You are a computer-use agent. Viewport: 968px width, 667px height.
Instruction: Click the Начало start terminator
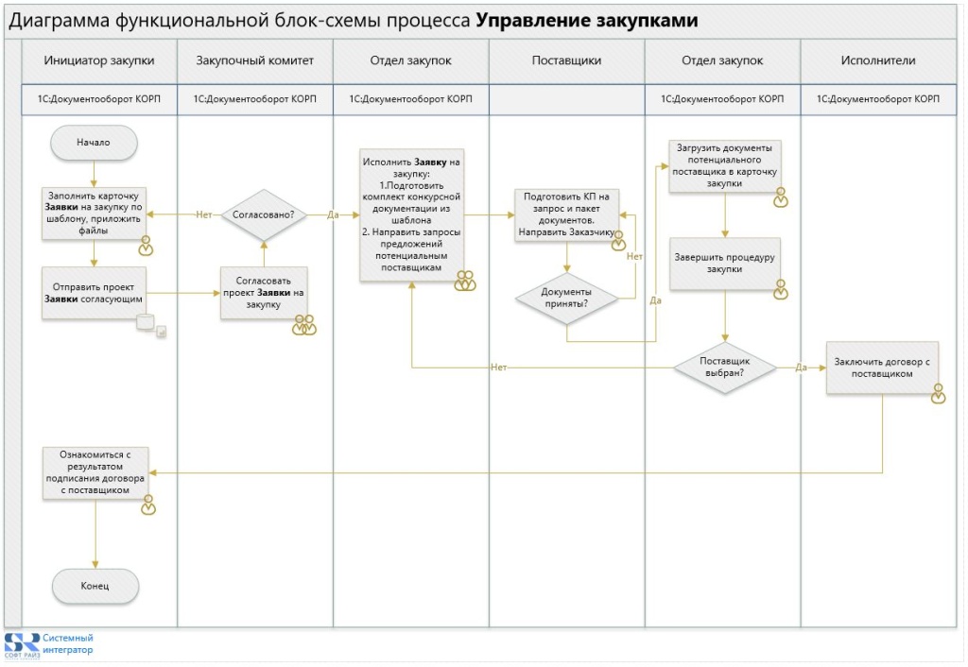click(94, 143)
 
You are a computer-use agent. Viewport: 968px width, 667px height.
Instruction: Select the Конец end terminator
click(95, 586)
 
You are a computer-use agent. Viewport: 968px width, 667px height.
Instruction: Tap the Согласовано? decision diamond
click(264, 214)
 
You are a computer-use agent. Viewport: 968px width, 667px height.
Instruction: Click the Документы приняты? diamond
click(567, 298)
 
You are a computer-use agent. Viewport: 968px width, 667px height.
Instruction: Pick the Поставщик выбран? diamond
click(725, 368)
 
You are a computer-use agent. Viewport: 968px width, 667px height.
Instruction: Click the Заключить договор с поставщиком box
click(882, 368)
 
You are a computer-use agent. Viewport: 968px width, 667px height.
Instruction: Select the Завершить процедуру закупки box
click(725, 264)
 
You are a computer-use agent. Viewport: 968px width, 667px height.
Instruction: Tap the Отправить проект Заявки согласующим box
click(94, 293)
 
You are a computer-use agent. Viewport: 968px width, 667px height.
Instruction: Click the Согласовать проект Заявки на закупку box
click(264, 293)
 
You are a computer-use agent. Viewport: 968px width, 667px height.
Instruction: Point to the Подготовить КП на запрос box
click(567, 214)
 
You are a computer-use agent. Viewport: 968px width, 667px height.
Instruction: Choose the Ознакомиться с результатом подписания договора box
click(95, 472)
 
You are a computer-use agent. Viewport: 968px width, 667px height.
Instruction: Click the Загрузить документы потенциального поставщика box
click(725, 165)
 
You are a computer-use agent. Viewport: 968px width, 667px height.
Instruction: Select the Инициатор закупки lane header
click(99, 60)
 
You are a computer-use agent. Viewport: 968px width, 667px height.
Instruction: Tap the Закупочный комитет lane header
click(255, 60)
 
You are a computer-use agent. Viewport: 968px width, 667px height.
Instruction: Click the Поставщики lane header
click(567, 60)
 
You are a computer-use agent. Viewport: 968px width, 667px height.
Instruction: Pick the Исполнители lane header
click(878, 60)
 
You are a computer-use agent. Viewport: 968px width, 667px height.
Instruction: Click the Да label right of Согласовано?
click(333, 214)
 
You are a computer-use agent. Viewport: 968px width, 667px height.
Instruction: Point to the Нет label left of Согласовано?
click(204, 214)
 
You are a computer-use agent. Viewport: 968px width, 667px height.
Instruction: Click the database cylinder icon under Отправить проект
click(145, 321)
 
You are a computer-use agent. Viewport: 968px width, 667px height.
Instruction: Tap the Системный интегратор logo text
click(68, 643)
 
